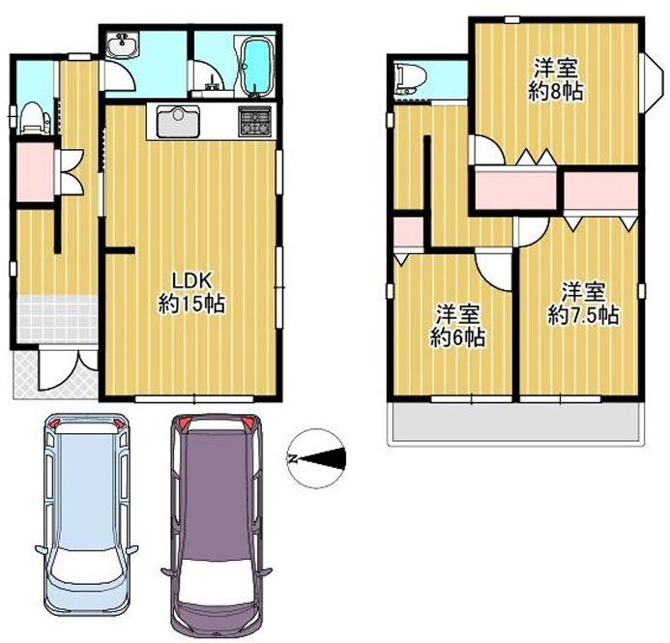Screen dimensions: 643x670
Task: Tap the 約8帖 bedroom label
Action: point(555,80)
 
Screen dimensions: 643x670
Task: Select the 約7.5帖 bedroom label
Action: point(583,303)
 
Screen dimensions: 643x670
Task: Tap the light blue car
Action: point(86,511)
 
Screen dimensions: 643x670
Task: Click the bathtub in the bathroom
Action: point(256,64)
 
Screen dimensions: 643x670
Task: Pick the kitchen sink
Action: point(174,123)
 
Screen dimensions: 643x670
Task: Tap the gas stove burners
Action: point(256,122)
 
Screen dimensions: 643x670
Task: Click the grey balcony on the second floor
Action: point(515,423)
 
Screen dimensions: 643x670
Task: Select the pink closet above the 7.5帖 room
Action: point(600,191)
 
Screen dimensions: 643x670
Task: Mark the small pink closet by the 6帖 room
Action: point(407,232)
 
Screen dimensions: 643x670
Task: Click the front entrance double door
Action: point(68,371)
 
